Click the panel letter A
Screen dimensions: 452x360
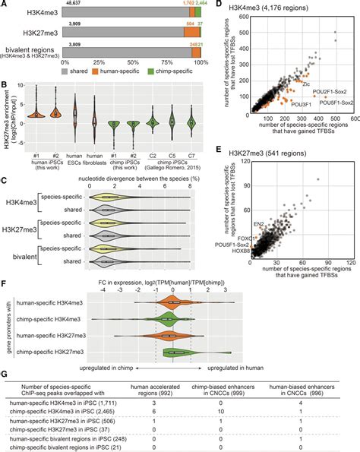pyautogui.click(x=5, y=5)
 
